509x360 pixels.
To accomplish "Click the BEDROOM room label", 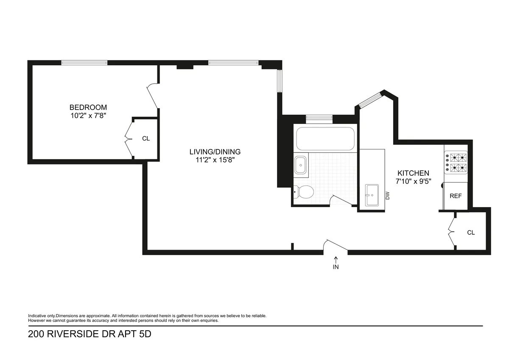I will tap(88, 107).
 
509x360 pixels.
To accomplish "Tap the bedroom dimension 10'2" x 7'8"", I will tap(88, 115).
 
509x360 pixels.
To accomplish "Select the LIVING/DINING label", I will tap(215, 152).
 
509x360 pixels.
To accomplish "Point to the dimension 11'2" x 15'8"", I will tap(215, 160).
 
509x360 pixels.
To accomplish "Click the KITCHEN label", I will tap(413, 173).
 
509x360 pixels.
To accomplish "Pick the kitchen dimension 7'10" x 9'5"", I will tap(413, 181).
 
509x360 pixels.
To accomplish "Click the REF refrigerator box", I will tap(456, 196).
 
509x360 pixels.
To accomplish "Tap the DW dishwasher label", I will tap(387, 195).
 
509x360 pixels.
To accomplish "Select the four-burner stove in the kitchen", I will tap(456, 163).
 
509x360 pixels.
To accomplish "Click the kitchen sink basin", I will tap(372, 195).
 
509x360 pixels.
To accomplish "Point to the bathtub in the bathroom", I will tap(325, 138).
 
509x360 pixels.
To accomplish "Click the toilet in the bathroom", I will tap(304, 192).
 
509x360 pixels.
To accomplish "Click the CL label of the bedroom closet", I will tap(145, 138).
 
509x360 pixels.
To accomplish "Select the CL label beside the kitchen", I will tap(471, 233).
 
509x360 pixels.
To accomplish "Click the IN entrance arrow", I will tap(336, 259).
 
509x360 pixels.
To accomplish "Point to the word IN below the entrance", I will tap(336, 267).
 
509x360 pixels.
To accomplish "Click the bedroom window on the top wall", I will tap(84, 63).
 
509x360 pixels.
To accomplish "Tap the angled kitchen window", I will tap(369, 99).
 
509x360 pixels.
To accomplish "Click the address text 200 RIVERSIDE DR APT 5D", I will tap(89, 334).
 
